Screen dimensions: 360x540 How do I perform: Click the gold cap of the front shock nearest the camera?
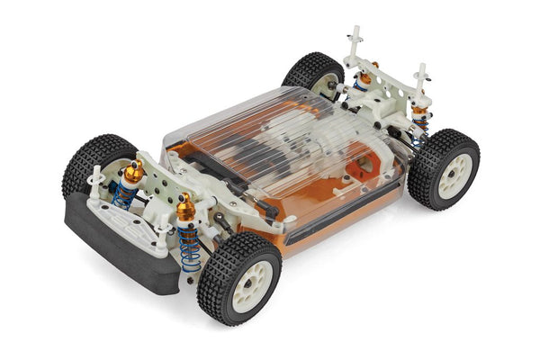tap(185, 209)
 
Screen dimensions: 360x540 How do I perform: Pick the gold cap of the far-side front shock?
tap(132, 171)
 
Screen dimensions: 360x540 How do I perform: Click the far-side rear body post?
tap(355, 40)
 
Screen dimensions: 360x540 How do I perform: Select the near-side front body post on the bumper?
tap(162, 236)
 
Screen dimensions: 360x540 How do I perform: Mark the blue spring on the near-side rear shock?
tap(418, 129)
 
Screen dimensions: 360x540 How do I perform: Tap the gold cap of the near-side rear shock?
tap(418, 112)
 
